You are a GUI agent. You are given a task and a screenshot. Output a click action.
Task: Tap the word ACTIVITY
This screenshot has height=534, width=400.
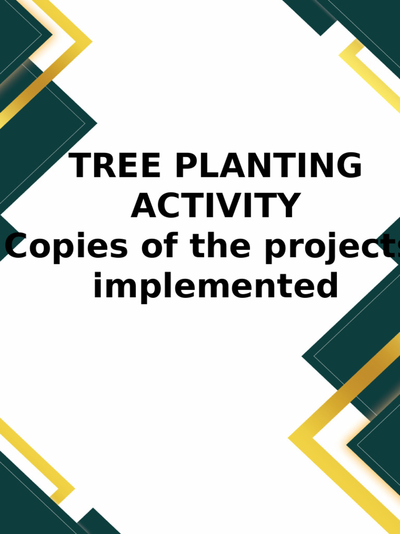click(215, 205)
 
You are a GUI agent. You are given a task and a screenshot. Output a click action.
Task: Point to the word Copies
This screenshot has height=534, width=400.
click(67, 247)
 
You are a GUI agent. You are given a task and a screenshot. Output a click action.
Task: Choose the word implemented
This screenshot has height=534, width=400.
click(215, 286)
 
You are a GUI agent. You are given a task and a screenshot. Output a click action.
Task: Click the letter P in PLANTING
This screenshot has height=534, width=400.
click(189, 166)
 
